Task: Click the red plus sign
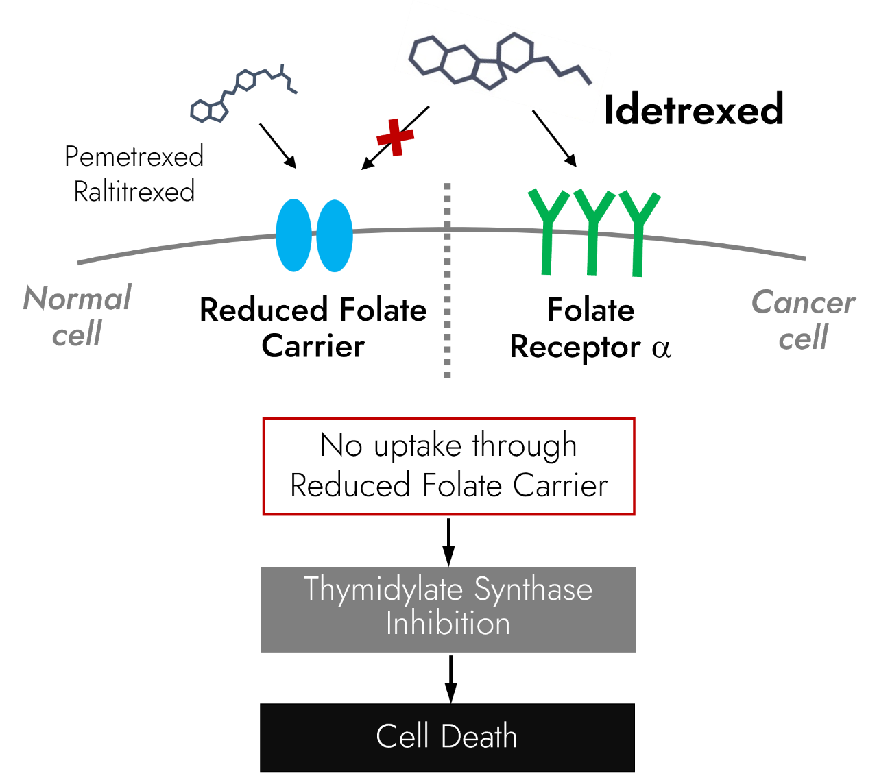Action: click(396, 137)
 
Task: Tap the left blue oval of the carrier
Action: click(293, 235)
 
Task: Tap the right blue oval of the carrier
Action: click(335, 235)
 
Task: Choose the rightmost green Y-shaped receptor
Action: click(638, 233)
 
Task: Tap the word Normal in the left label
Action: click(77, 299)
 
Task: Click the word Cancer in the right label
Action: click(803, 302)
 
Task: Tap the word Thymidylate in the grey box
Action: click(383, 589)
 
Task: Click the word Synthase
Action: click(533, 589)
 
